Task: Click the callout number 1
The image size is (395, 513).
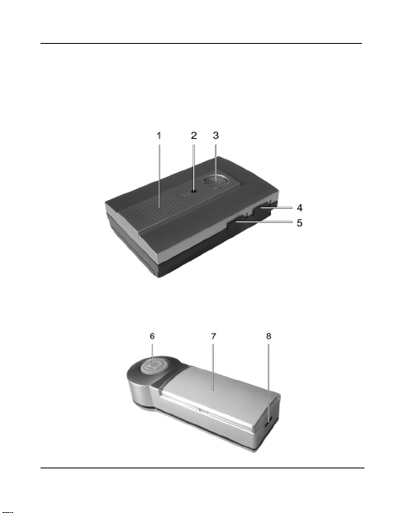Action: coord(159,135)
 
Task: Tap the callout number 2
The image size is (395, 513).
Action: coord(193,135)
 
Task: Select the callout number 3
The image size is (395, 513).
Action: coord(216,135)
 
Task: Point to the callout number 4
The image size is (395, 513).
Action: coord(299,207)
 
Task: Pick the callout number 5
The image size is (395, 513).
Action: coord(299,223)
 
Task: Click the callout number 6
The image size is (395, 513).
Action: coord(152,336)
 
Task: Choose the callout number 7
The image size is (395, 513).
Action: coord(214,336)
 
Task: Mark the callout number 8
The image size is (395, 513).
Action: coord(269,336)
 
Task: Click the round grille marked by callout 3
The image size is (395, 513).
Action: coord(216,182)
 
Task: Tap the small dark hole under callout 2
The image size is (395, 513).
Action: coord(193,191)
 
